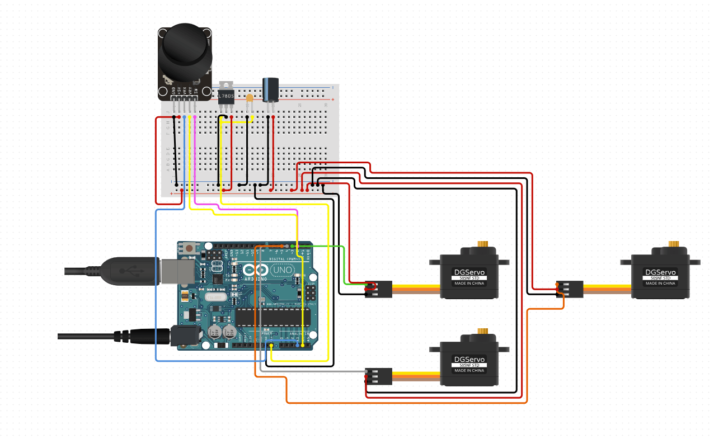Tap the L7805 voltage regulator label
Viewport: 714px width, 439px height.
(226, 96)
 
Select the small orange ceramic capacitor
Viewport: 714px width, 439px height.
(250, 98)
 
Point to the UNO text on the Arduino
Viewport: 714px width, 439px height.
(281, 270)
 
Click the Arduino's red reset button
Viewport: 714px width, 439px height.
(189, 247)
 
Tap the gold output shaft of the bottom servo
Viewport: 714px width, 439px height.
(481, 332)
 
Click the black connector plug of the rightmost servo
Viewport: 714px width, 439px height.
(570, 288)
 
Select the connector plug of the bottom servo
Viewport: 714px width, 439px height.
(378, 376)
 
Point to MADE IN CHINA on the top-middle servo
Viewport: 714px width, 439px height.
(469, 284)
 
